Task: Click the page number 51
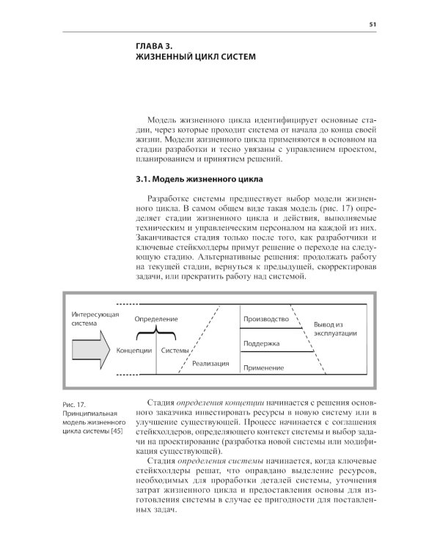(x=373, y=24)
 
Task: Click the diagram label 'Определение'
(x=156, y=320)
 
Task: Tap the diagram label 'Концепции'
(x=133, y=350)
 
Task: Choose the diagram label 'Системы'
(x=175, y=350)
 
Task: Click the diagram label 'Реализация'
(x=210, y=363)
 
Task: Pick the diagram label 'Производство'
(x=265, y=319)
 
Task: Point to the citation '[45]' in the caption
(x=116, y=430)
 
